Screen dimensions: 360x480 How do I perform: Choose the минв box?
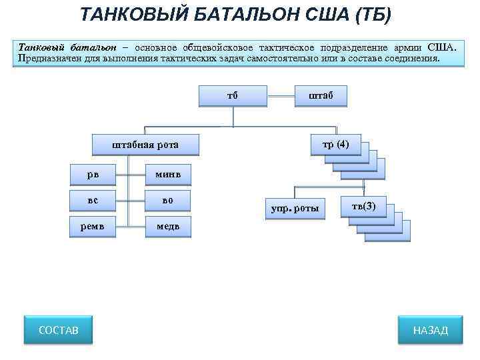click(168, 174)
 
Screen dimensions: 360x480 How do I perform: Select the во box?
click(168, 199)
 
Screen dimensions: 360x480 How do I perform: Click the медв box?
click(168, 225)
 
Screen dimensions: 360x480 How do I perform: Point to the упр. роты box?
click(295, 208)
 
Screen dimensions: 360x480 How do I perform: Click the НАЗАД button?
click(430, 330)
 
